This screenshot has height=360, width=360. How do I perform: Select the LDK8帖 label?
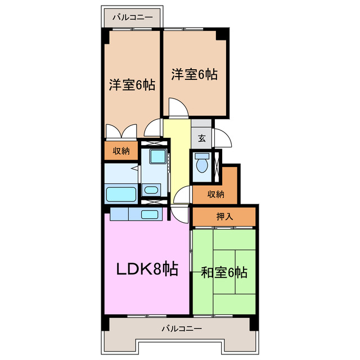[147, 269]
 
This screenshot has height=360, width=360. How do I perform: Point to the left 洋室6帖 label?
[132, 85]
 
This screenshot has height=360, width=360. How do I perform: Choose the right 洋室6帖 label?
[194, 74]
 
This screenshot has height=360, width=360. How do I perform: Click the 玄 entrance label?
[201, 138]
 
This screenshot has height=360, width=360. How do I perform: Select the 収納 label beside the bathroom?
[120, 150]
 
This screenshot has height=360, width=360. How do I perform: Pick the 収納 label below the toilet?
[215, 194]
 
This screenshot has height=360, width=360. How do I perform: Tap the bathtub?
[121, 195]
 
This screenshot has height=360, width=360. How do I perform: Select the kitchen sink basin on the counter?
[149, 214]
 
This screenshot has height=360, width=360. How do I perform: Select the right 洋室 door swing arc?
[177, 107]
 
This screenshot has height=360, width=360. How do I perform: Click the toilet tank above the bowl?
[202, 156]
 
